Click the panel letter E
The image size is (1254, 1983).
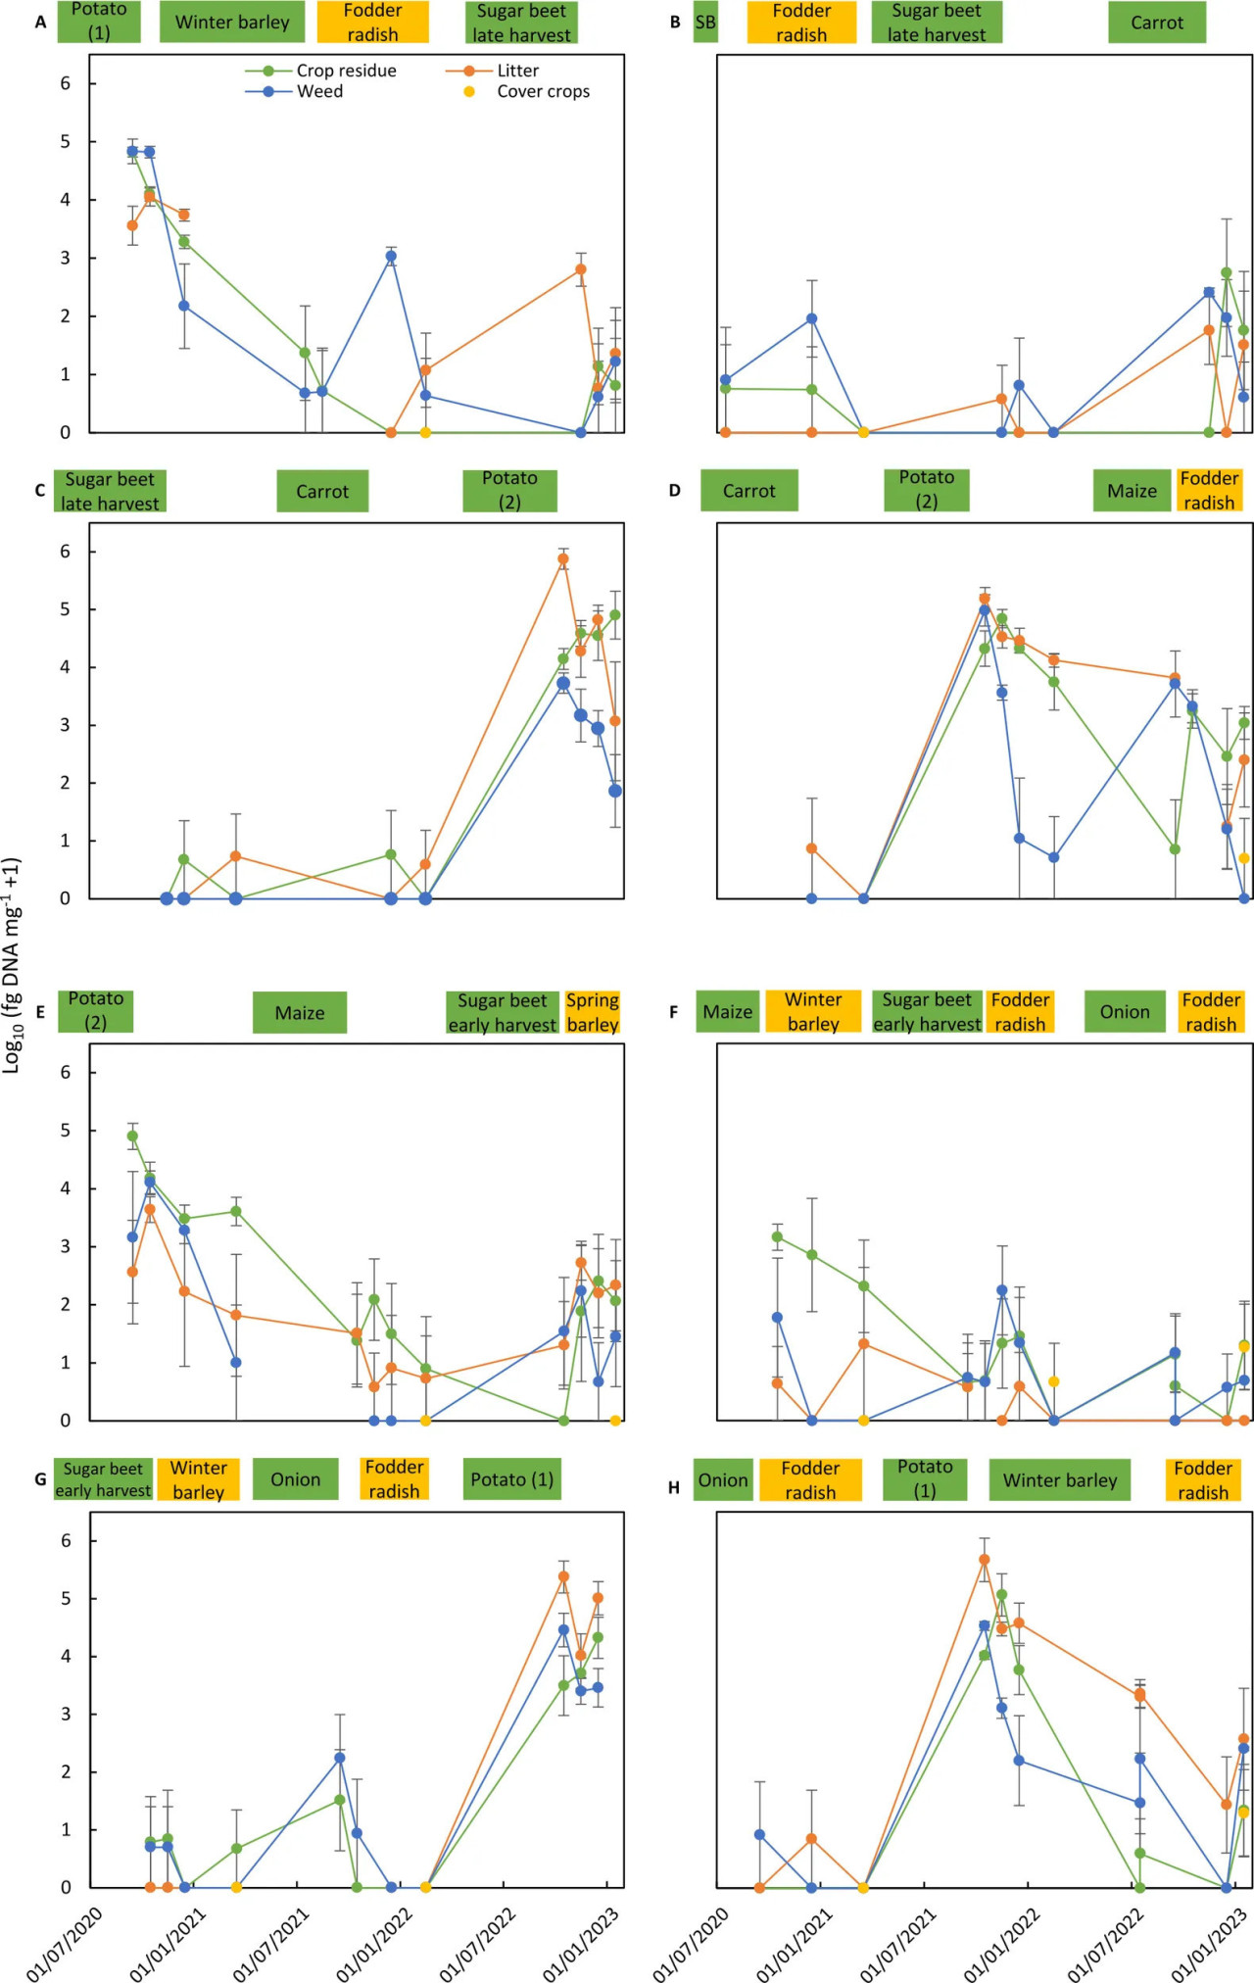click(40, 1012)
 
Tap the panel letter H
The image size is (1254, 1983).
click(674, 1487)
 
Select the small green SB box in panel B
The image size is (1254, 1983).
click(705, 23)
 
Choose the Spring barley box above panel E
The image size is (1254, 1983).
click(593, 1012)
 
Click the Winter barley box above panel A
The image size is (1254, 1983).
click(232, 23)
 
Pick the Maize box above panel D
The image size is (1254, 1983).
click(1132, 491)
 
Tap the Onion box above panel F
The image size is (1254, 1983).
click(1125, 1012)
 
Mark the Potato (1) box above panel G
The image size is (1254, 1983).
click(511, 1479)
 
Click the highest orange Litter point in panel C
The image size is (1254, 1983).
click(563, 559)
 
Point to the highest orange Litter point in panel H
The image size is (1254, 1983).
click(985, 1560)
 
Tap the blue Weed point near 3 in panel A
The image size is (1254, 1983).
click(391, 256)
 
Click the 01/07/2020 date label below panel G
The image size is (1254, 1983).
click(65, 1944)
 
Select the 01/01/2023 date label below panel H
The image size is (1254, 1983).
click(1209, 1944)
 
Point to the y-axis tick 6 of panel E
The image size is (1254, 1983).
click(66, 1072)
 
